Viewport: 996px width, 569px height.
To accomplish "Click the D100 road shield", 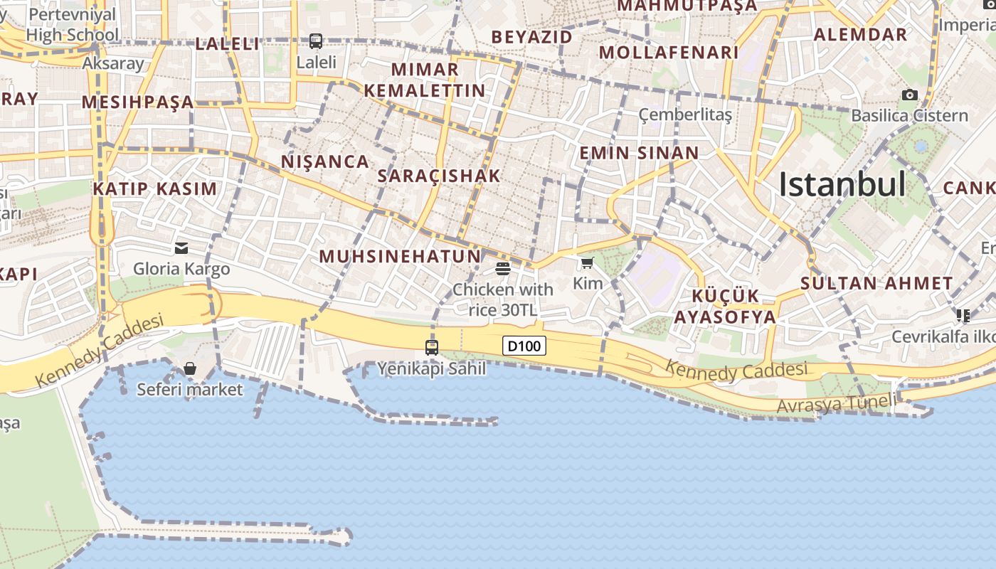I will (524, 346).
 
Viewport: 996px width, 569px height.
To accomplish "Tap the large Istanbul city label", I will (842, 184).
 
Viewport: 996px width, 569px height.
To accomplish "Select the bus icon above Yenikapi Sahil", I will (432, 347).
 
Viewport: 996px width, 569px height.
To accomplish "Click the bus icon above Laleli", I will (316, 41).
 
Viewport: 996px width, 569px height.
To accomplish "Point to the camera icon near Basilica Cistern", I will (909, 95).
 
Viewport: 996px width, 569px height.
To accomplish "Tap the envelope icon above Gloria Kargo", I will (181, 248).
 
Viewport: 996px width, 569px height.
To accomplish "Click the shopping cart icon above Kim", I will (587, 263).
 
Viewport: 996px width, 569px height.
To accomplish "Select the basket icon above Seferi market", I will (190, 368).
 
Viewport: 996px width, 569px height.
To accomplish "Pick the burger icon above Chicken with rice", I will (503, 268).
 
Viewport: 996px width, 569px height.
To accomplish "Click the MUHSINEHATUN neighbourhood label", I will (400, 256).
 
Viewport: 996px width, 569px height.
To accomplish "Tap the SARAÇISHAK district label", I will (439, 176).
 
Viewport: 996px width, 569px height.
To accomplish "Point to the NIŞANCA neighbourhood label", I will (325, 161).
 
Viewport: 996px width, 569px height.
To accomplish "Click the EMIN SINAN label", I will (639, 153).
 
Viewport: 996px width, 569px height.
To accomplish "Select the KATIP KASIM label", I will (154, 188).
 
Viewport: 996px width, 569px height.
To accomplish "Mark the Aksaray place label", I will (113, 63).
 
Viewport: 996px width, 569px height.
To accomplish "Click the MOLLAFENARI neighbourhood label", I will (669, 52).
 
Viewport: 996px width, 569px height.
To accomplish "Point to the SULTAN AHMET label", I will (876, 283).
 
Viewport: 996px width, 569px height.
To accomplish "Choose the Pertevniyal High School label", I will (73, 25).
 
